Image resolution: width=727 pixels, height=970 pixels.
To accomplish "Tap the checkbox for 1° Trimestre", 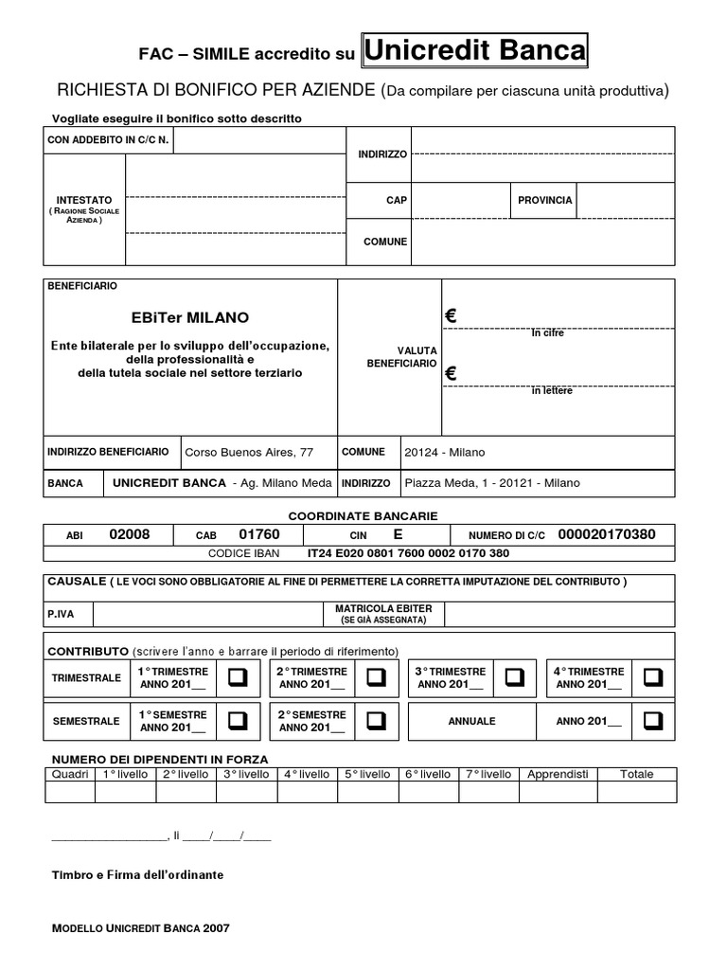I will click(x=237, y=677).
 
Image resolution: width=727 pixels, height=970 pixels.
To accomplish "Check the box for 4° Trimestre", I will click(x=653, y=677).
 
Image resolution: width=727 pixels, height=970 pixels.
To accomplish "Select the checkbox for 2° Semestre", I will click(x=376, y=721).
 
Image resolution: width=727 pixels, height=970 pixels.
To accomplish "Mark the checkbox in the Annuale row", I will click(x=653, y=721).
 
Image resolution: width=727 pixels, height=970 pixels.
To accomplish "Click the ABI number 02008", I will click(x=130, y=534).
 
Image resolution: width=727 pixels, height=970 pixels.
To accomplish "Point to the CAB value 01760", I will click(x=259, y=534).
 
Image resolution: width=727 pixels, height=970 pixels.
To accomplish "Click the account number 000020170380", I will click(x=606, y=534).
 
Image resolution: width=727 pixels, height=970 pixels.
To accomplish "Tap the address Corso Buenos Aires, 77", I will click(x=248, y=453).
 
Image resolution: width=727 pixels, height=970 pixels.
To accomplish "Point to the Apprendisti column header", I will click(x=558, y=774).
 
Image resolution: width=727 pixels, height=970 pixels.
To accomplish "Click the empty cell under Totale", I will click(x=636, y=792).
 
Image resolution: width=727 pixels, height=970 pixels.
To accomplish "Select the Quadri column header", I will click(x=70, y=774).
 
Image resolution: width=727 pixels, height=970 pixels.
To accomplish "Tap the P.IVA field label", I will click(x=61, y=614).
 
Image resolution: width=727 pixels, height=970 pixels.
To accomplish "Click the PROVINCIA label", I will click(x=544, y=201).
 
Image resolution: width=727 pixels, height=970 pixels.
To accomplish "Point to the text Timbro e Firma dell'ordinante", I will click(x=137, y=874).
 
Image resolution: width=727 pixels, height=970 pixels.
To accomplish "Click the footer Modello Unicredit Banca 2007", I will click(x=140, y=928).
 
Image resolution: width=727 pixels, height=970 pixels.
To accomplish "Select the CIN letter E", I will click(x=398, y=534).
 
